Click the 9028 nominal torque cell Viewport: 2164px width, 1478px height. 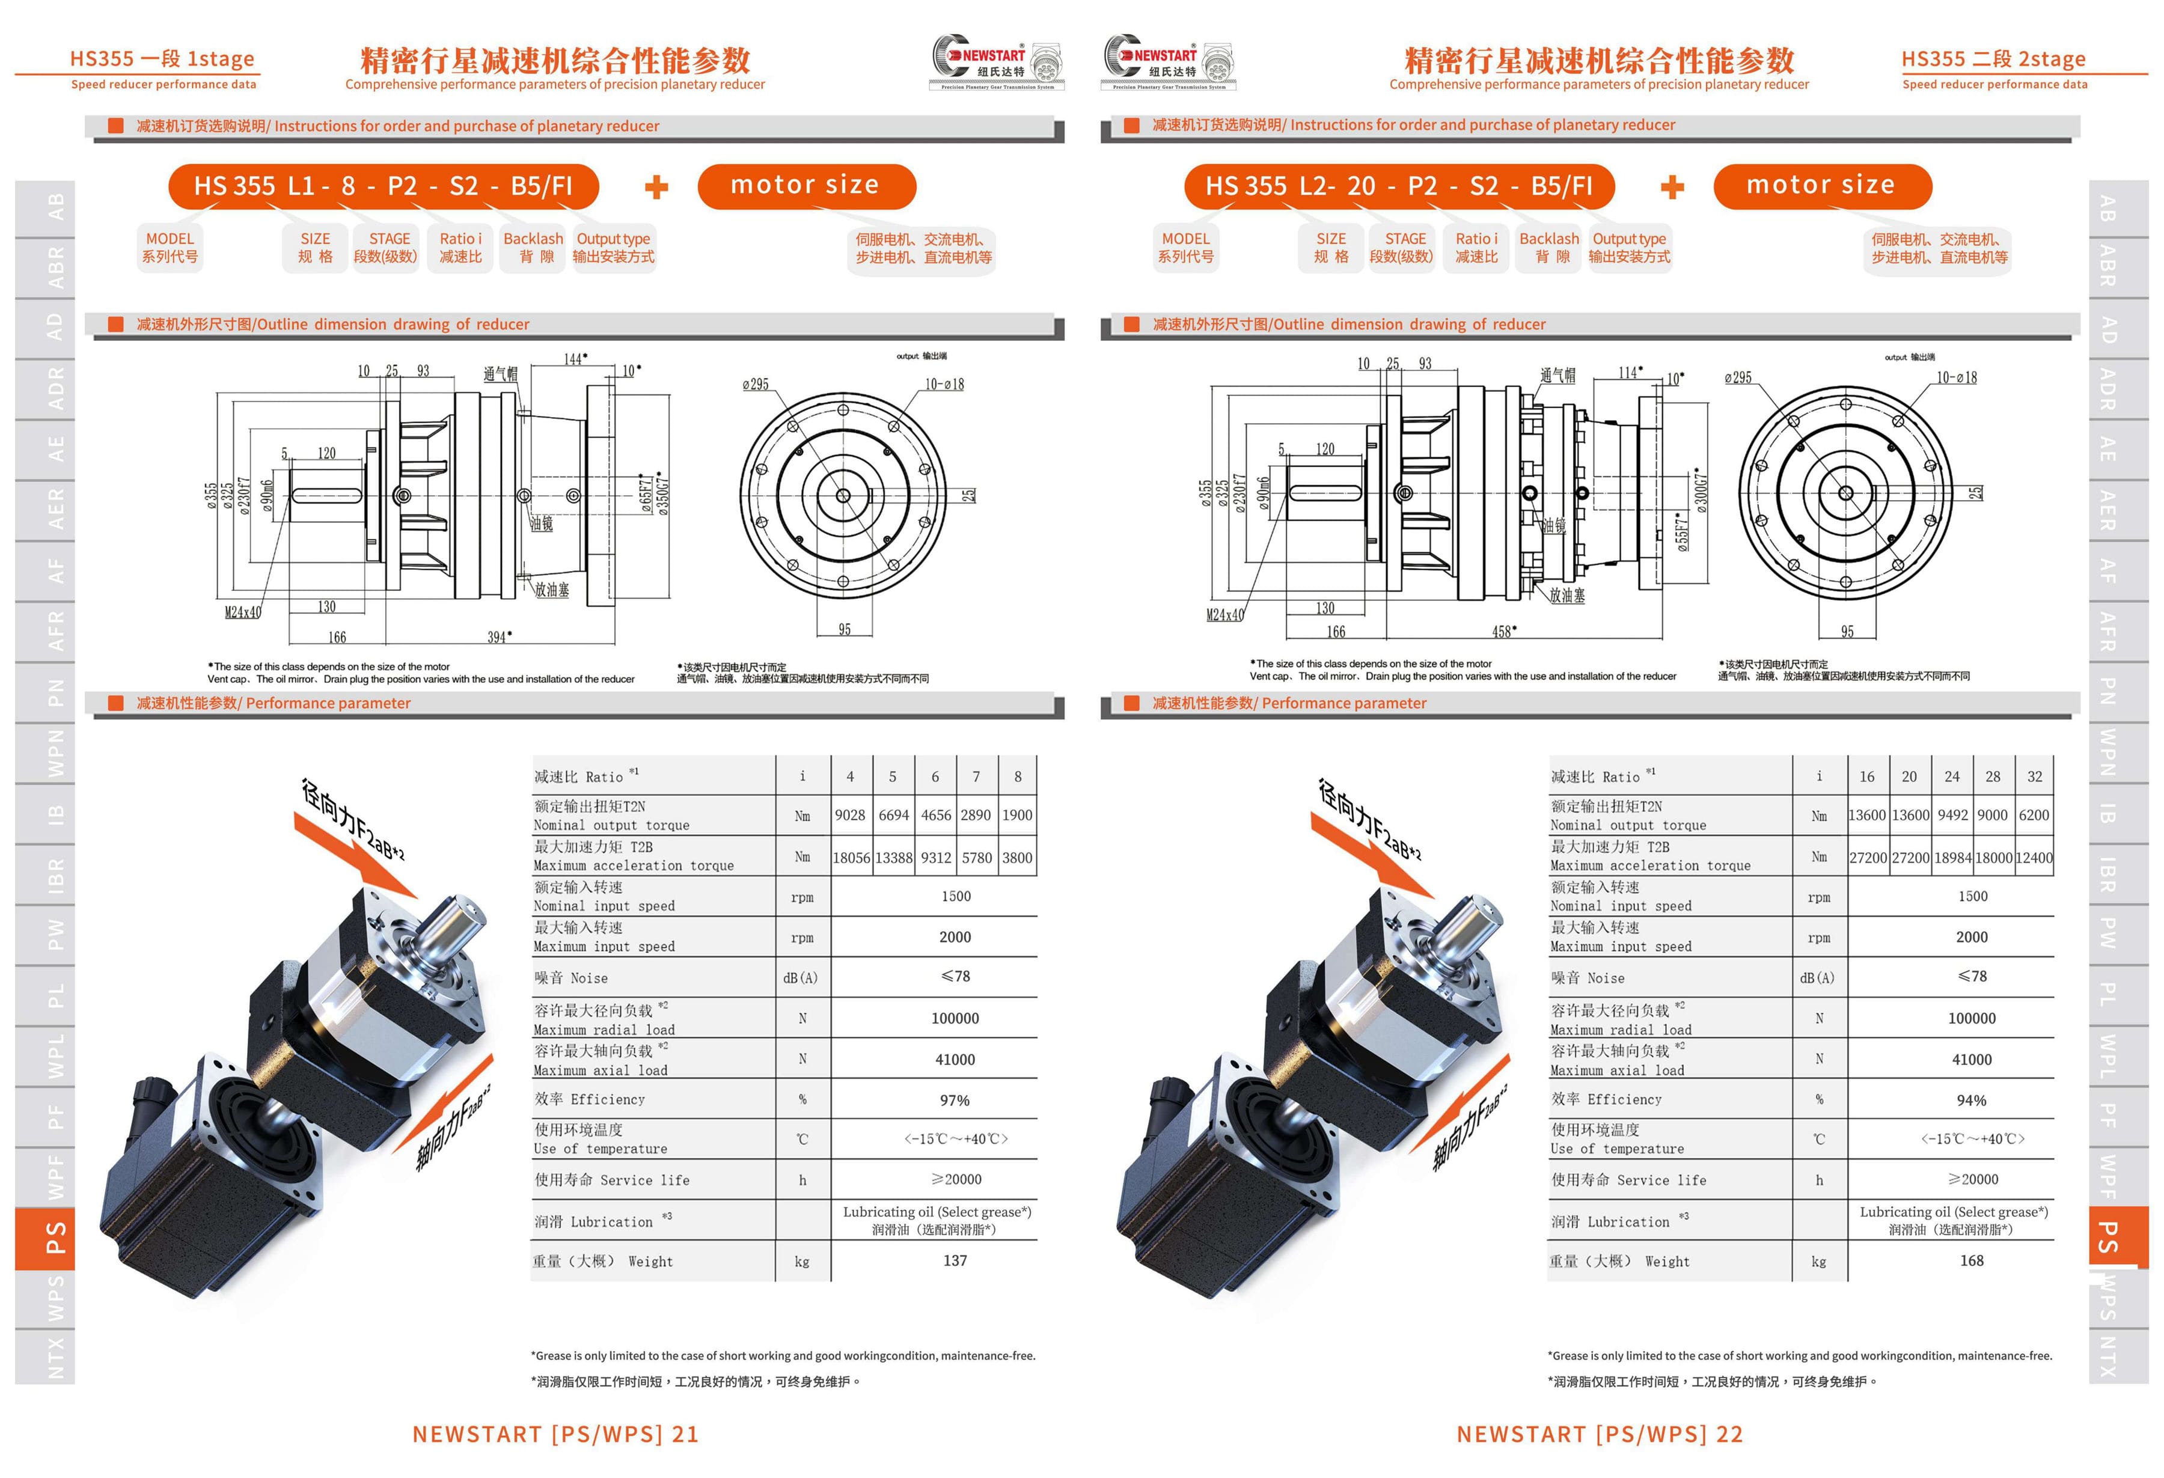click(849, 815)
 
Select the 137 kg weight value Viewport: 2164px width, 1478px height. click(955, 1260)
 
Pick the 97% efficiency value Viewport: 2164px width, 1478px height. click(955, 1100)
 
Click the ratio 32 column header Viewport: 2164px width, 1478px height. click(2035, 776)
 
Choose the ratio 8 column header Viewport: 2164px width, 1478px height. click(1018, 776)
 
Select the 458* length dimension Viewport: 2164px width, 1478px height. click(1504, 632)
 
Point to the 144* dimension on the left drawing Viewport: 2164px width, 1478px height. click(575, 359)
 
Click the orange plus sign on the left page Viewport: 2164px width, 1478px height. click(656, 186)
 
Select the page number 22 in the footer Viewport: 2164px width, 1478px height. click(1729, 1434)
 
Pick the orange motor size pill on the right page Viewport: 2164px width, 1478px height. click(1822, 186)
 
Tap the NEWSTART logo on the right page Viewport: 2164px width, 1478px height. click(1170, 61)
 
